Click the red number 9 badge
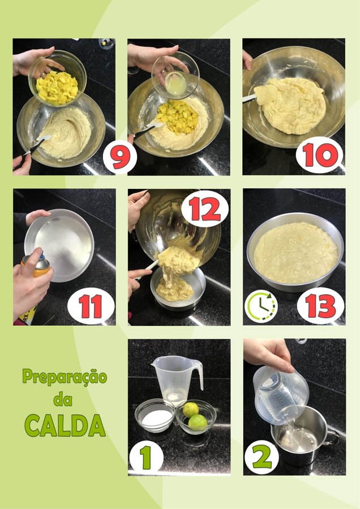click(120, 157)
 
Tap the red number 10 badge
click(319, 155)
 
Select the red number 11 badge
click(91, 306)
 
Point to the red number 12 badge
click(205, 209)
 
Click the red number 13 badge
click(320, 306)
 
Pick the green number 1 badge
click(146, 457)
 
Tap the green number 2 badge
click(262, 457)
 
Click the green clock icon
click(262, 306)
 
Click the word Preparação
click(65, 377)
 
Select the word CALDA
click(65, 425)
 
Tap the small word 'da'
click(63, 400)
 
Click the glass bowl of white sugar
click(155, 415)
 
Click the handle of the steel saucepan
click(332, 437)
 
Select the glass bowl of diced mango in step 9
click(58, 80)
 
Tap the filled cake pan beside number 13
click(295, 252)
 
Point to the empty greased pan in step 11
click(59, 245)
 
